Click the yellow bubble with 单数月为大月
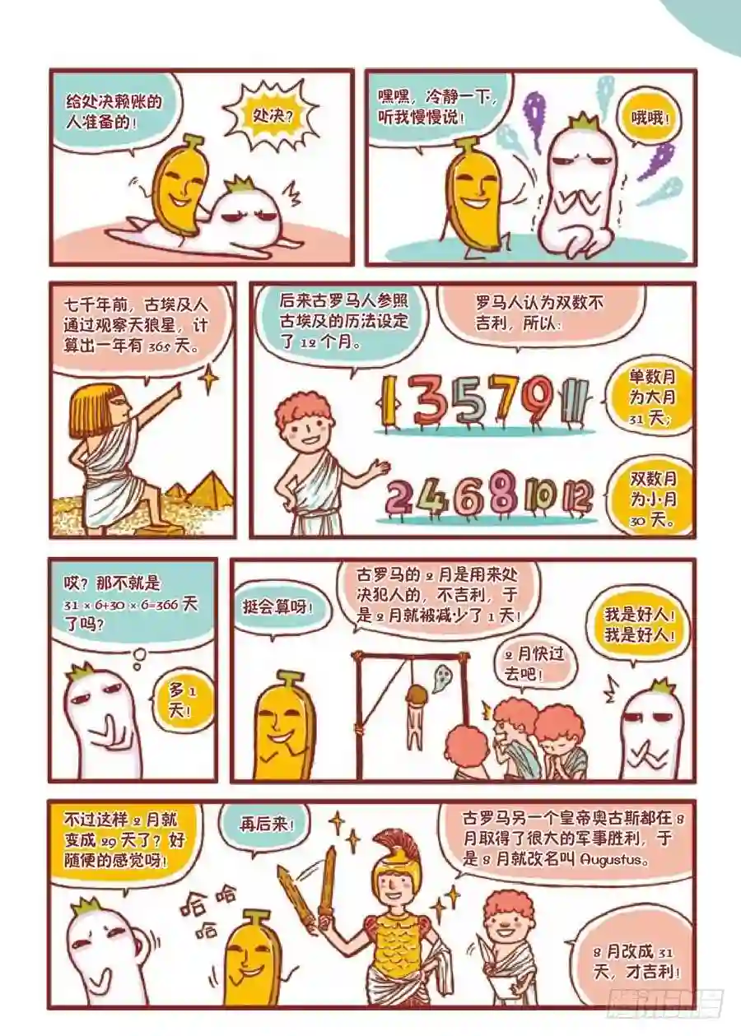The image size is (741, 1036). point(652,397)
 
